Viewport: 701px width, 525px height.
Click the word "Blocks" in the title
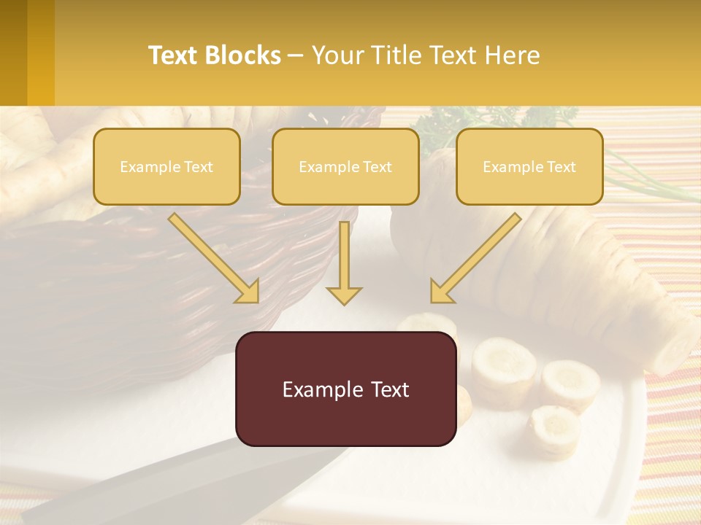click(243, 55)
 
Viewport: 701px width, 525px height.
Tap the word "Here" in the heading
click(513, 55)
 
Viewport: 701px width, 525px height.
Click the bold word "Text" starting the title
click(175, 55)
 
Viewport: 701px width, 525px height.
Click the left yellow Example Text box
click(166, 166)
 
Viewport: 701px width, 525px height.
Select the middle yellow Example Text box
click(345, 166)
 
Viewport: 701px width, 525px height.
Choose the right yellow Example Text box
click(529, 166)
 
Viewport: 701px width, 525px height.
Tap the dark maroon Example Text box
click(345, 389)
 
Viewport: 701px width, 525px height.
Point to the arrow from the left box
click(215, 259)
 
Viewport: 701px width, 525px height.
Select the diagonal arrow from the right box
click(475, 259)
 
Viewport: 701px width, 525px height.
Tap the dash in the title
click(296, 55)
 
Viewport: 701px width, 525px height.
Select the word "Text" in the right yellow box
click(561, 167)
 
